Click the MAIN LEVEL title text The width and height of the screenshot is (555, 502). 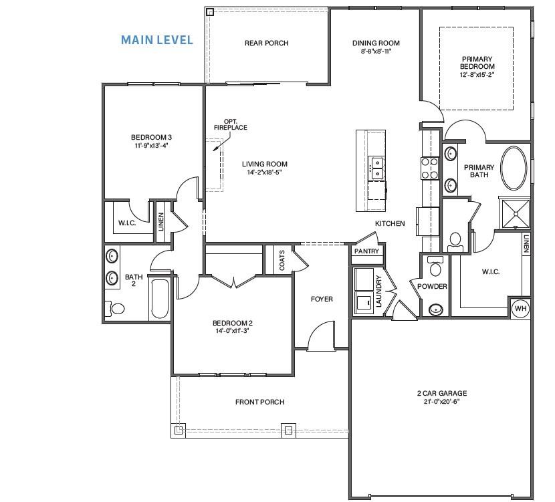(x=156, y=40)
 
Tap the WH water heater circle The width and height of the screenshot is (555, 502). (x=520, y=308)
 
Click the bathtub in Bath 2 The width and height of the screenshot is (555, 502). (x=158, y=298)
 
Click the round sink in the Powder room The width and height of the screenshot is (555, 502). (x=436, y=309)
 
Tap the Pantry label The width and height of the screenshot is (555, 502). (x=366, y=251)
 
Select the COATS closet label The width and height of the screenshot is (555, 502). (x=281, y=259)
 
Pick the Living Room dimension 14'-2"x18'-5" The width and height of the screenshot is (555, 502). (x=264, y=172)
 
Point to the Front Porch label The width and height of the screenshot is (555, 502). (x=259, y=402)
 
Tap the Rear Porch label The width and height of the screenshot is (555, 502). (x=266, y=43)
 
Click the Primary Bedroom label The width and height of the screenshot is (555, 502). (x=477, y=63)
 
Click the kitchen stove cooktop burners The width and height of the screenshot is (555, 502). (x=429, y=167)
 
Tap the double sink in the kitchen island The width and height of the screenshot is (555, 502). (x=376, y=167)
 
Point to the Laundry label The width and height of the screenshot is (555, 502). (x=378, y=291)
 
